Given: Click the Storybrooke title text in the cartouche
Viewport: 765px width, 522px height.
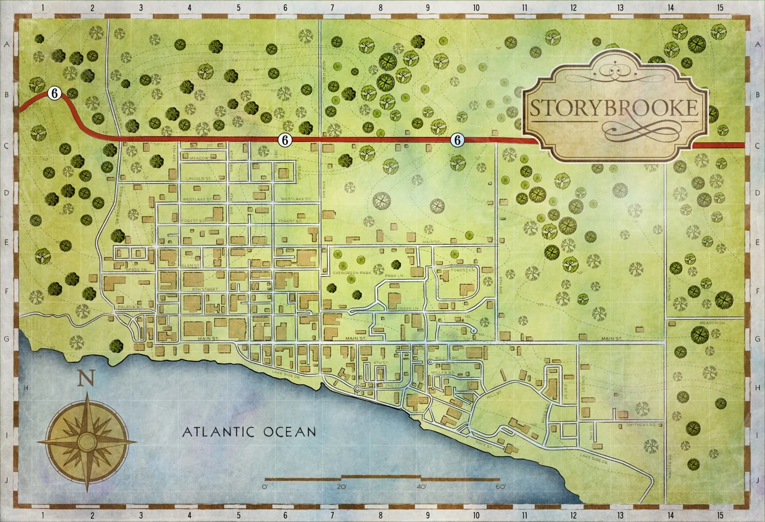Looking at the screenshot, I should click(614, 108).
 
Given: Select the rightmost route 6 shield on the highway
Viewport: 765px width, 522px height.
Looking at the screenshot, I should click(457, 140).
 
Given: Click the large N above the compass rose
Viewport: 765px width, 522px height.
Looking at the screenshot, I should click(87, 378).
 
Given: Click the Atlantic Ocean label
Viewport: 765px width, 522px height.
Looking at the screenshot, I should click(249, 431).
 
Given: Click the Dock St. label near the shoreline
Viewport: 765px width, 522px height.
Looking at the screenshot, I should click(484, 445).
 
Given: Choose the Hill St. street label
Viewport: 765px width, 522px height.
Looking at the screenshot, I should click(494, 396).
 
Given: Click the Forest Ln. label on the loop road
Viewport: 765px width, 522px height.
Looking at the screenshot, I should click(463, 270).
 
